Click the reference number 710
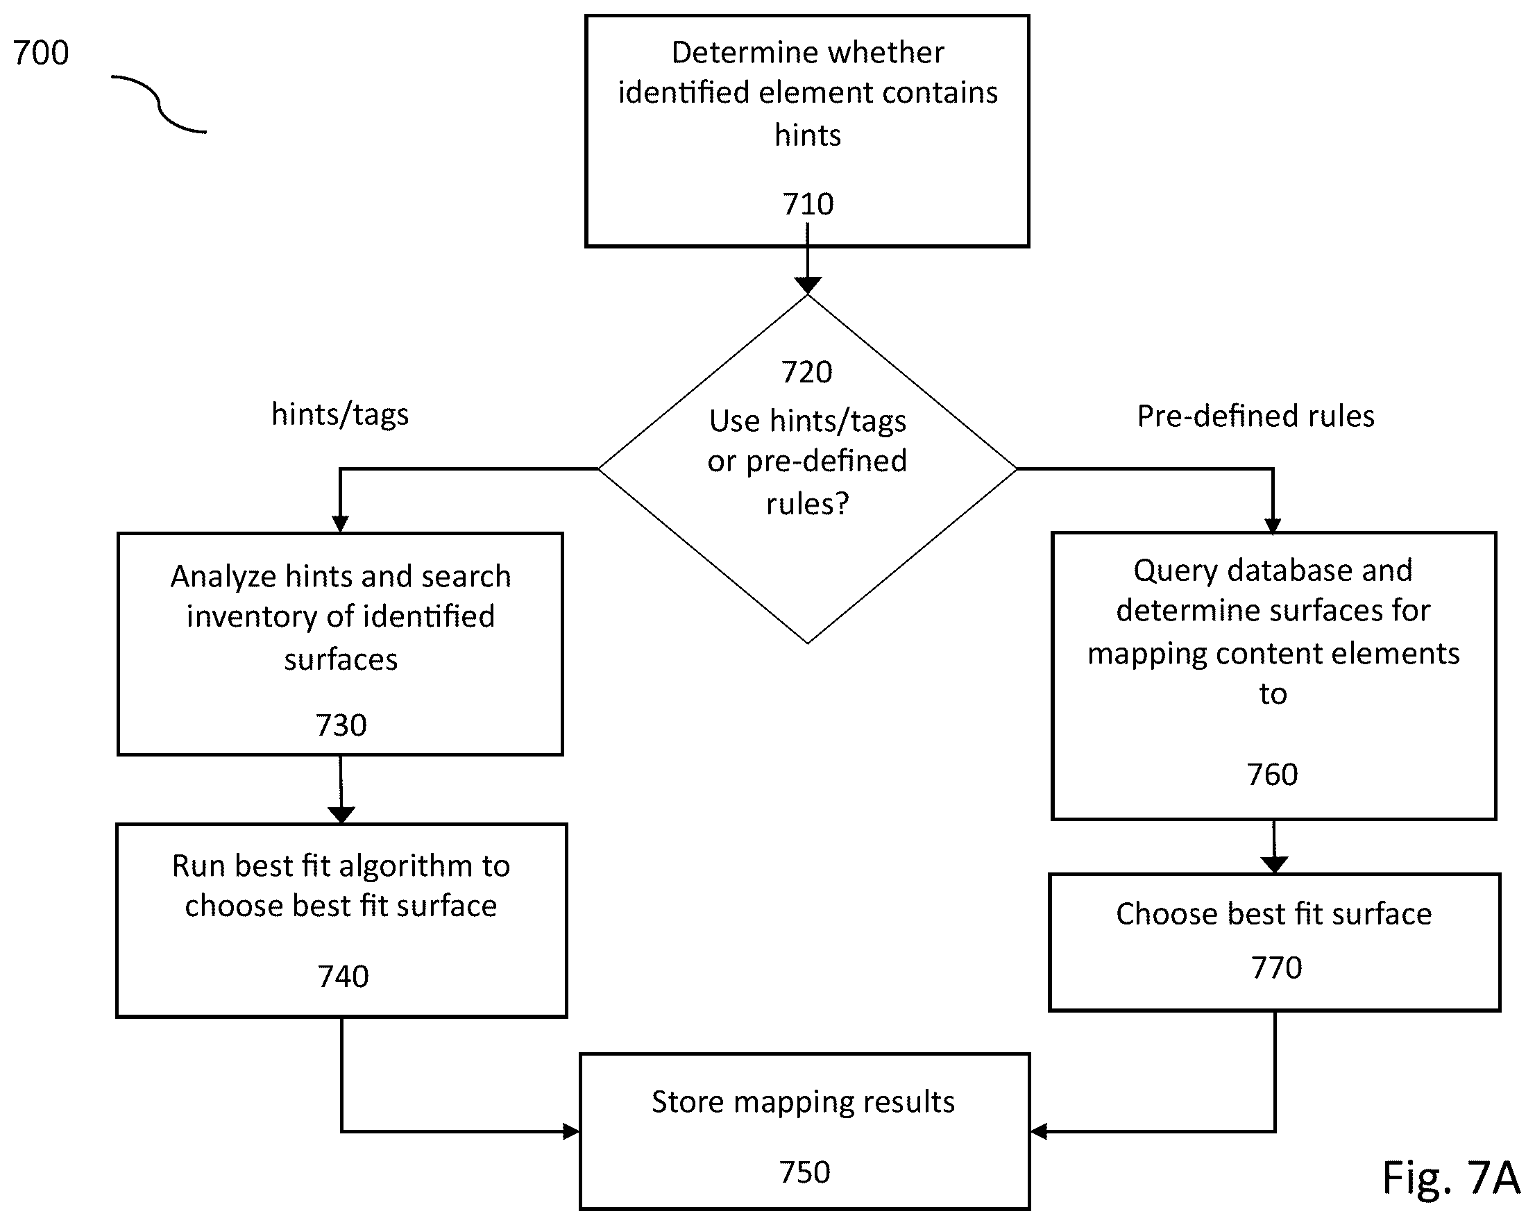(807, 205)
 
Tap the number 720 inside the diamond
(806, 372)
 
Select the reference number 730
(341, 725)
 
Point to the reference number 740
(344, 977)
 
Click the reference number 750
(804, 1172)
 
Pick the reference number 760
(1272, 774)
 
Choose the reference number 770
(1277, 968)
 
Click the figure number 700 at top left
(42, 53)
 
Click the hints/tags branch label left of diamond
(340, 414)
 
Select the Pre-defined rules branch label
(1255, 416)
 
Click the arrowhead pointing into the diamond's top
(807, 285)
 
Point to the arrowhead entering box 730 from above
(340, 524)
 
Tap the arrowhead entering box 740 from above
(341, 815)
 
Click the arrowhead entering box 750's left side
(571, 1131)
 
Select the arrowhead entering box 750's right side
(1039, 1131)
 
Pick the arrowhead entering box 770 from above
(1273, 865)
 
